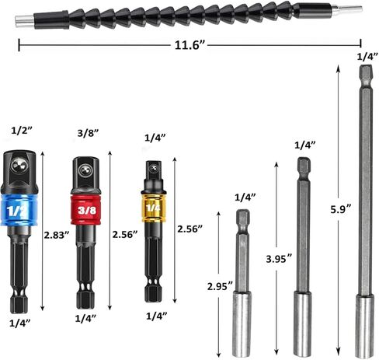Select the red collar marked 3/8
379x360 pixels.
pos(85,209)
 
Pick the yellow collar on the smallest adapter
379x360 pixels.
pos(151,209)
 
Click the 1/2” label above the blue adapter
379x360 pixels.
pos(21,130)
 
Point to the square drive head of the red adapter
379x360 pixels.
pos(85,168)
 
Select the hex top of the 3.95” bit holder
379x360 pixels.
pos(303,166)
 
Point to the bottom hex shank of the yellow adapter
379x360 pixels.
pos(151,286)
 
